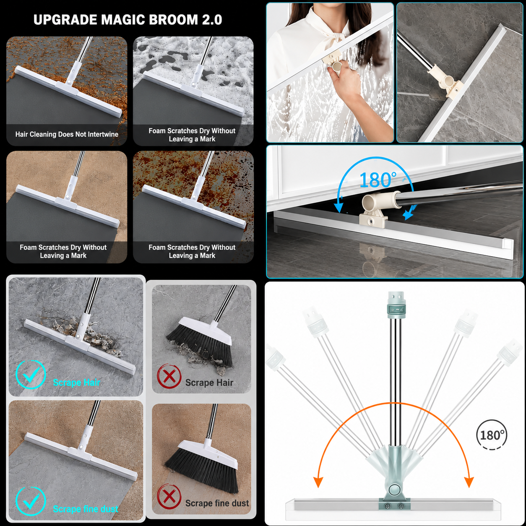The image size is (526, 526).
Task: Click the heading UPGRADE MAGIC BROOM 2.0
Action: point(128,20)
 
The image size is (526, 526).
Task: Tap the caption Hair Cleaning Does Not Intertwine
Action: point(67,134)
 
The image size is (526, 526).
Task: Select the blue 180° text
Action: point(378,180)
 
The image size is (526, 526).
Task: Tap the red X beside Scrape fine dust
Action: point(169,496)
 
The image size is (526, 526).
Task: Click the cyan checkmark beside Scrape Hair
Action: point(31,375)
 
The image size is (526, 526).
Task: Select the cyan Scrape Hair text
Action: point(76,383)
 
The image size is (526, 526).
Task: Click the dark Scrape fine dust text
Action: point(217,503)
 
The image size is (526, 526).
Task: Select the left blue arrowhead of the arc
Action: point(339,208)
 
